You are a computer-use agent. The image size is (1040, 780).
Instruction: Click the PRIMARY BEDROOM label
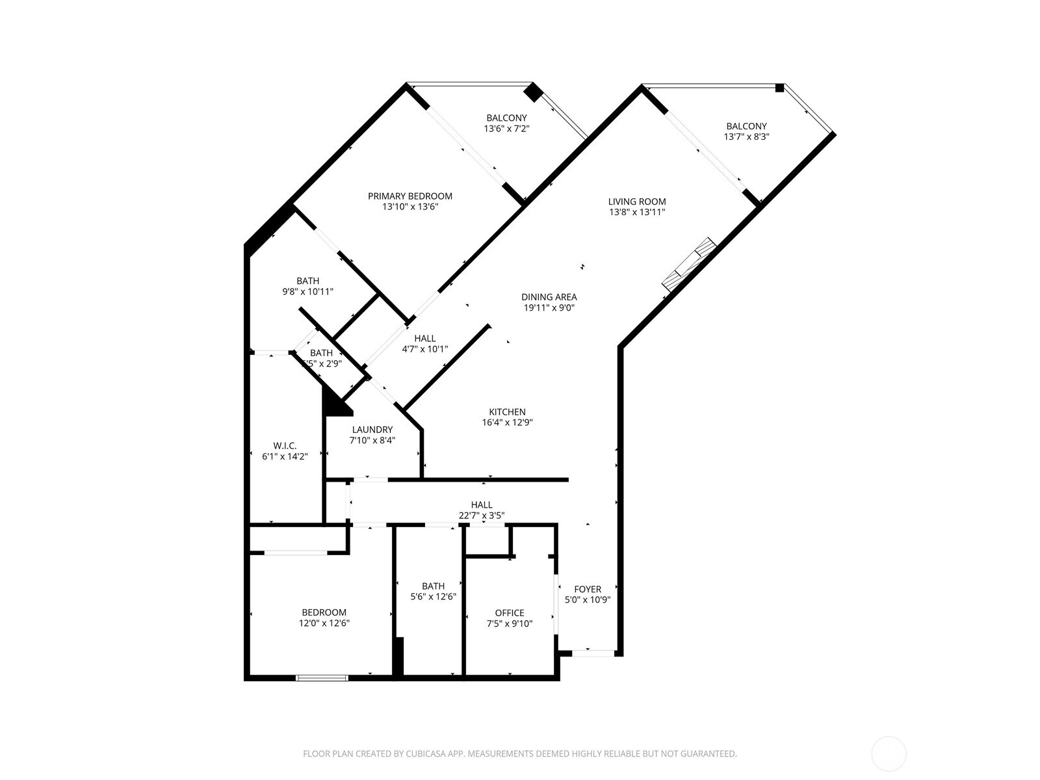click(x=409, y=196)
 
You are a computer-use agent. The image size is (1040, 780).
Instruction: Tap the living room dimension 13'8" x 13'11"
click(x=637, y=213)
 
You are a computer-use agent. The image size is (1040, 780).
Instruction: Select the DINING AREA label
click(x=549, y=297)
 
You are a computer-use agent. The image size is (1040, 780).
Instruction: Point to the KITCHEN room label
click(x=507, y=412)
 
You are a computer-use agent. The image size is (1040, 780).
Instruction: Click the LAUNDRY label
click(x=372, y=430)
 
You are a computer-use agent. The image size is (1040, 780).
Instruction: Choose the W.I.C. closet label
click(x=285, y=446)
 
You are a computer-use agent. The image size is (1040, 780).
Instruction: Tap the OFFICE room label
click(x=509, y=613)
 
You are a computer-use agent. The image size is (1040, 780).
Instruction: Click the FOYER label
click(x=587, y=590)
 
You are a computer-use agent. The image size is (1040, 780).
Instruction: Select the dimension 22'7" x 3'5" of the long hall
click(x=481, y=516)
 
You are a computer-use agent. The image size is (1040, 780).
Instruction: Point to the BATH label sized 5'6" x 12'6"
click(x=433, y=586)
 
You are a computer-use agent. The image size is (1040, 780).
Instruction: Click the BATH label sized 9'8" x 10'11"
click(x=307, y=281)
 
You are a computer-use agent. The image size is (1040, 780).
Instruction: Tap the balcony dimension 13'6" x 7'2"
click(x=506, y=129)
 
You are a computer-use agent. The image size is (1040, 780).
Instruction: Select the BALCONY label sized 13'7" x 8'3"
click(x=746, y=126)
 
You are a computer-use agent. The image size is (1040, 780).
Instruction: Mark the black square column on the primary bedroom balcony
click(x=533, y=92)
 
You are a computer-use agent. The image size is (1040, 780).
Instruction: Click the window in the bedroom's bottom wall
click(x=322, y=678)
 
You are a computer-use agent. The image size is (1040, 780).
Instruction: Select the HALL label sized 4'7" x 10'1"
click(x=424, y=339)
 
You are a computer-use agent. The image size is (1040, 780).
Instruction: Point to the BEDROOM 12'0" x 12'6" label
click(x=324, y=612)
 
